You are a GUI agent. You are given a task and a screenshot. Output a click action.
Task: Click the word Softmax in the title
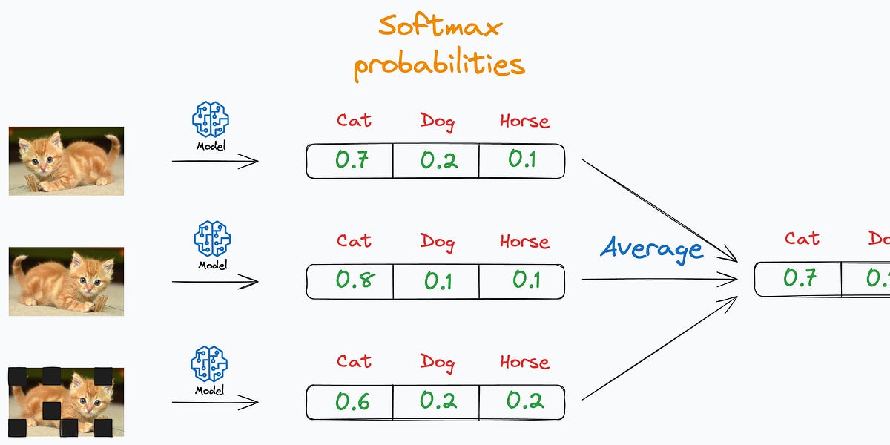[440, 27]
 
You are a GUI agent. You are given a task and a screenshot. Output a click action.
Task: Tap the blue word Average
[652, 248]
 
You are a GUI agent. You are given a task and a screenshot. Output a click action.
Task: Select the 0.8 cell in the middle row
[355, 280]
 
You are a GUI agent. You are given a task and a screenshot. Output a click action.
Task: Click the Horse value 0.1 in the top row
[522, 159]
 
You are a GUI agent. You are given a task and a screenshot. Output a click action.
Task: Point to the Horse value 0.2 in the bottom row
[524, 401]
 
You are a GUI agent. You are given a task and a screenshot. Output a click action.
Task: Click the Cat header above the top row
[354, 120]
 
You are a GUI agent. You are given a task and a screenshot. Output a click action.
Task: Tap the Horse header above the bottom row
[524, 362]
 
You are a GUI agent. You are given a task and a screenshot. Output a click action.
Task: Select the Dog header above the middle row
[438, 241]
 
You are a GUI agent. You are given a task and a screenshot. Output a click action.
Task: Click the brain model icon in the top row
[211, 119]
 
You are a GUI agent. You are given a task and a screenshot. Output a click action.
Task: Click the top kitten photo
[66, 160]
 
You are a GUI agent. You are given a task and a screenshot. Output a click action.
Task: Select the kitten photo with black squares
[66, 401]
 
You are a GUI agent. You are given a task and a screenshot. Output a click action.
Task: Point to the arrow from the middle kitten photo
[215, 282]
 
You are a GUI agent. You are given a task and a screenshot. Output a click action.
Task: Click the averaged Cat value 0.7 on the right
[800, 278]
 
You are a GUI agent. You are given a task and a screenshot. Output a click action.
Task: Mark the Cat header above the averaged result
[802, 239]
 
